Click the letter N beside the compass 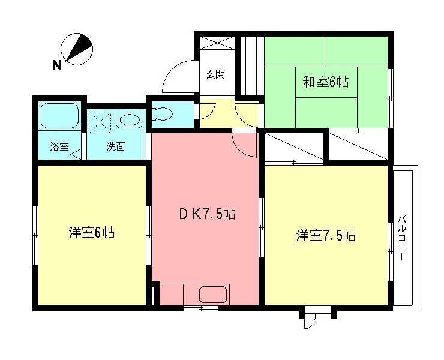(x=56, y=65)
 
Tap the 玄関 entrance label (x=215, y=74)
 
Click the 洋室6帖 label (x=91, y=233)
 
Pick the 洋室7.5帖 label (x=325, y=235)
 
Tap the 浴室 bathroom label (x=58, y=146)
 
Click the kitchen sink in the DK (x=213, y=295)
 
